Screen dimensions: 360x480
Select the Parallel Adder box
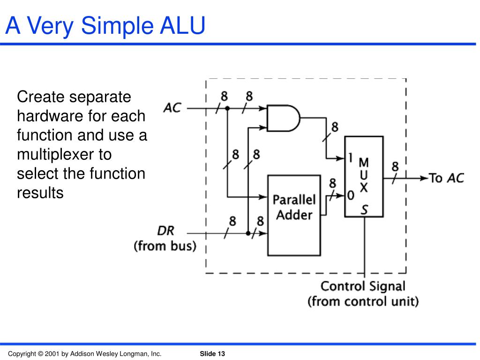click(x=294, y=215)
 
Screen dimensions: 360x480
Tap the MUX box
click(x=364, y=176)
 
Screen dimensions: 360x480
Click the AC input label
click(x=172, y=108)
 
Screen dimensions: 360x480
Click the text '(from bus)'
click(x=165, y=246)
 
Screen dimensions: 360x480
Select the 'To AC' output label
click(x=447, y=178)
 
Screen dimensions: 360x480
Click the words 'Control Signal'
click(x=363, y=286)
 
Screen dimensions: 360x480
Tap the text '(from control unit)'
click(x=363, y=301)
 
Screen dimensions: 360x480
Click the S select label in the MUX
click(x=364, y=209)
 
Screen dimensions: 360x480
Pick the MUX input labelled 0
click(x=350, y=195)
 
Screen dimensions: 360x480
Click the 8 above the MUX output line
click(x=395, y=166)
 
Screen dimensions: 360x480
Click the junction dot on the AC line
click(x=227, y=108)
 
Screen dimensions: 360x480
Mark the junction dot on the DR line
click(x=247, y=232)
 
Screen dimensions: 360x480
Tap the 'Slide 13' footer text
click(x=212, y=353)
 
